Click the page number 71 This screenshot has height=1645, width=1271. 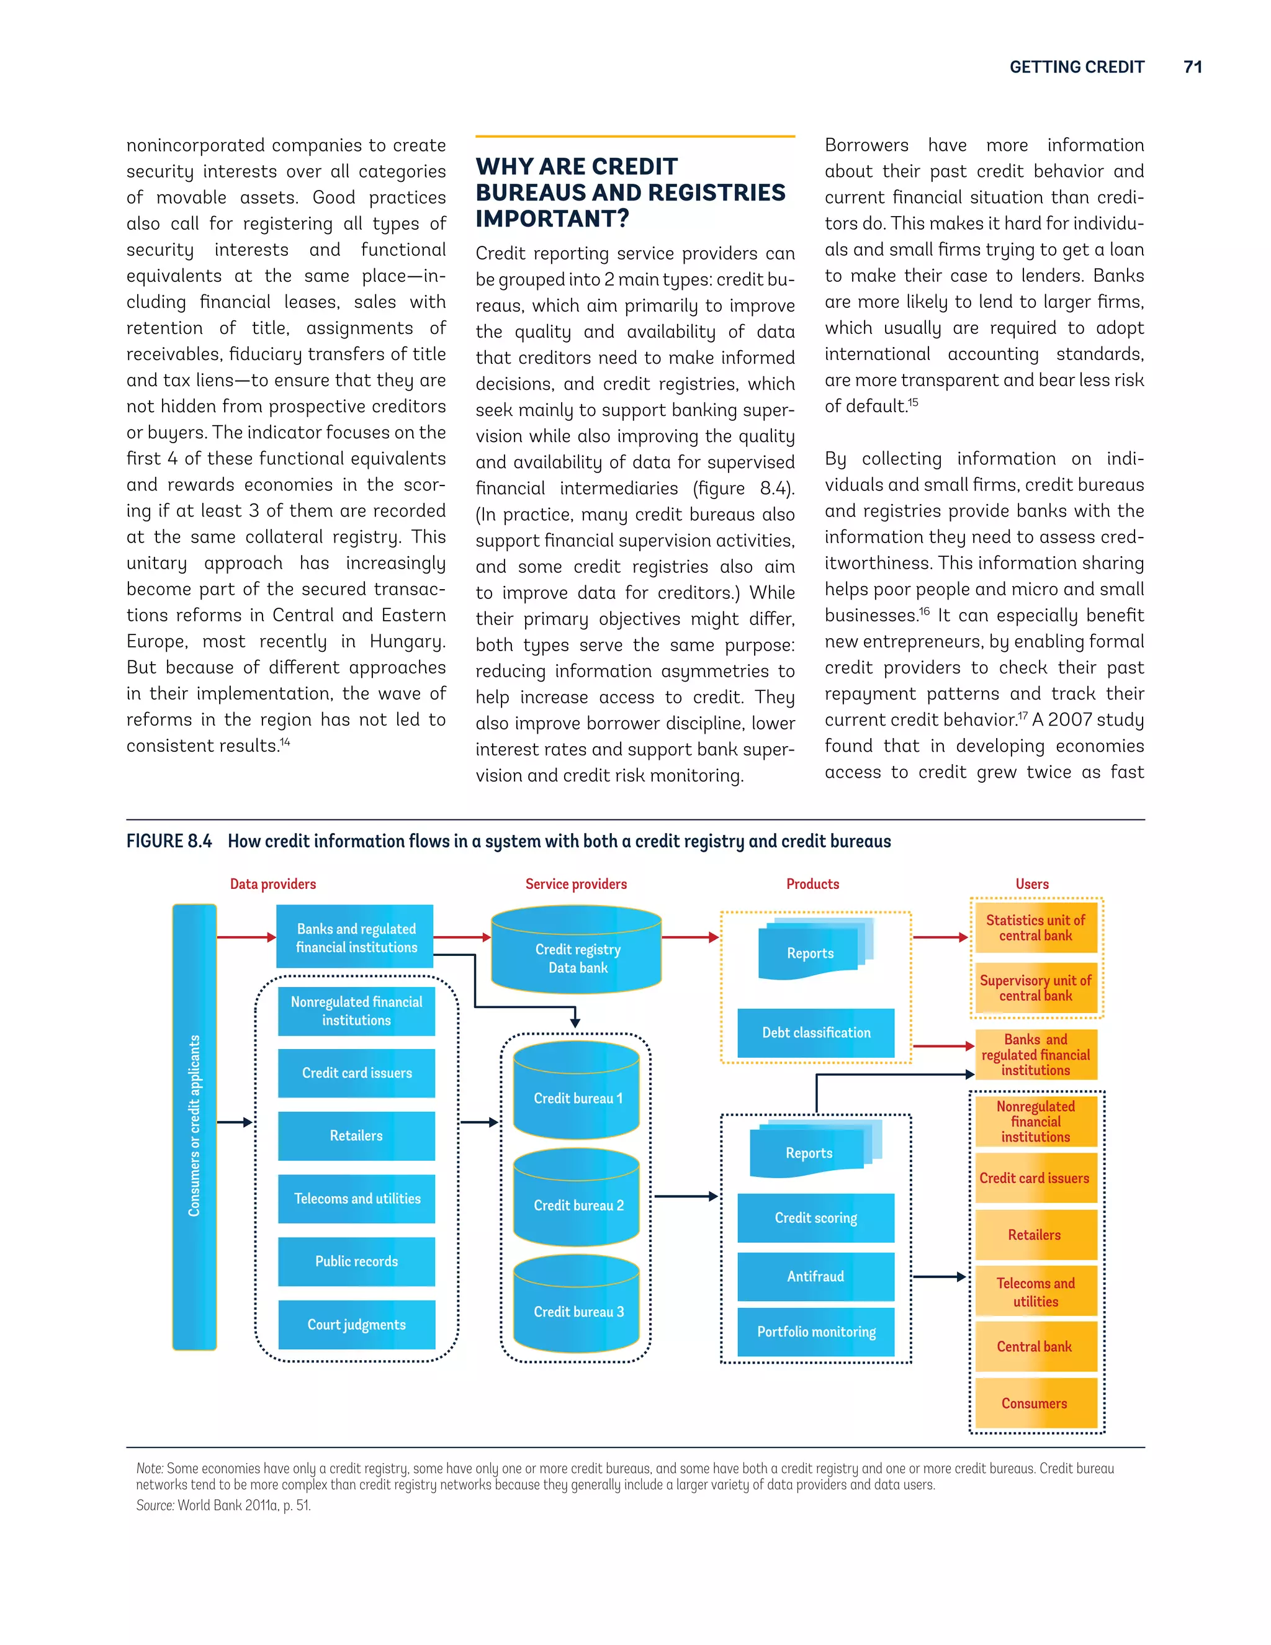click(x=1192, y=67)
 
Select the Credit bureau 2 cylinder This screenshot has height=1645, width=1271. click(x=577, y=1199)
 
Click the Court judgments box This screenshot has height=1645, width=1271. click(x=356, y=1324)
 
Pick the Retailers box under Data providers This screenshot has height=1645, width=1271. click(x=356, y=1135)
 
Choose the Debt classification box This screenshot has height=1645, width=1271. click(x=815, y=1033)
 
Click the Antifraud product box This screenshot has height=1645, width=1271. click(x=815, y=1276)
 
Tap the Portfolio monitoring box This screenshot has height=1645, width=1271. click(x=815, y=1332)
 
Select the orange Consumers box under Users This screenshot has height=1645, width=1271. click(x=1035, y=1404)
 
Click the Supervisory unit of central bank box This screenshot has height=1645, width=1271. click(x=1035, y=988)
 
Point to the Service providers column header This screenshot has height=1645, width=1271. click(x=576, y=883)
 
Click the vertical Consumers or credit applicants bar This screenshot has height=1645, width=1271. click(x=194, y=1126)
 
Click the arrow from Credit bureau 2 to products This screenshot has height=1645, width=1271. click(x=685, y=1196)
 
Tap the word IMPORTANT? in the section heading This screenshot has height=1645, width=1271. click(x=552, y=219)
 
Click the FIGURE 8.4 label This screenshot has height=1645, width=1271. click(x=169, y=841)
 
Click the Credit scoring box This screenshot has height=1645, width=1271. click(x=815, y=1217)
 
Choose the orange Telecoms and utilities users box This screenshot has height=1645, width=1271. click(x=1035, y=1292)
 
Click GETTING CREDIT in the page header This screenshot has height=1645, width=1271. click(x=1076, y=67)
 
